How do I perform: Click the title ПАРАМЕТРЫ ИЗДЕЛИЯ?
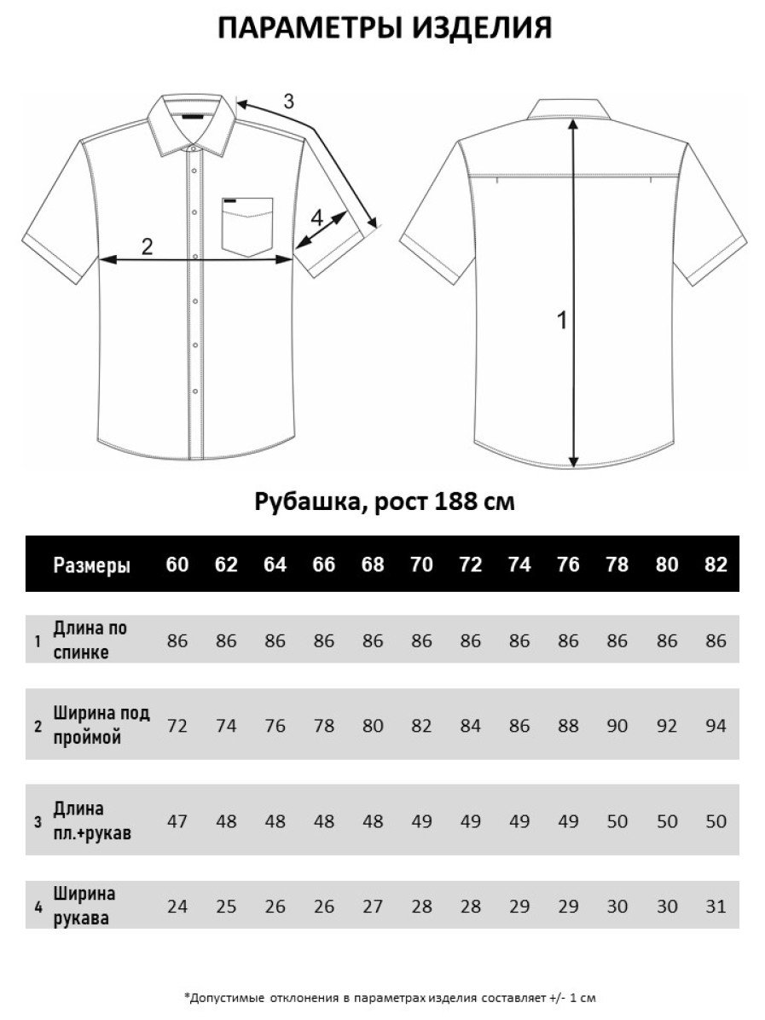coord(384,29)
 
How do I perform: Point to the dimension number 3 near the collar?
coord(288,101)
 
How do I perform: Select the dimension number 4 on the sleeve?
coord(317,218)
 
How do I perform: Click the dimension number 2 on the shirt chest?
coord(147,246)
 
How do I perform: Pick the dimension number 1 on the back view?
coord(561,321)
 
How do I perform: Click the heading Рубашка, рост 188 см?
coord(385,501)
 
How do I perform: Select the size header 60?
coord(177,565)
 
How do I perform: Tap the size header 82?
coord(716,565)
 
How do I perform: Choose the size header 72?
coord(471,565)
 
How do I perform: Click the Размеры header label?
coord(92,565)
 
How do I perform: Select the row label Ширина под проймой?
coord(101,725)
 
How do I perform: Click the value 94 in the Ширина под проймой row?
coord(716,726)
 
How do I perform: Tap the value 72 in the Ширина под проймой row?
coord(177,726)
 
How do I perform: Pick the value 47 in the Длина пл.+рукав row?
coord(177,820)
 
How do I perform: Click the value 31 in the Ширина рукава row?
coord(716,906)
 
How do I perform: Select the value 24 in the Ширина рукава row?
coord(177,906)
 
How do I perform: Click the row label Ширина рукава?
coord(84,906)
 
